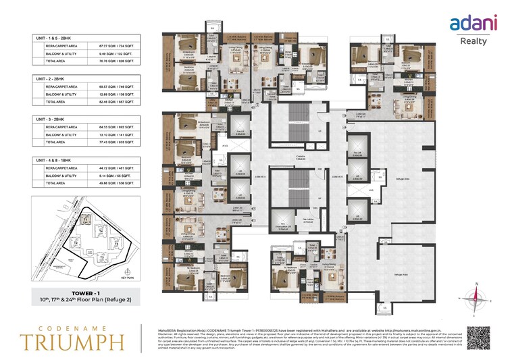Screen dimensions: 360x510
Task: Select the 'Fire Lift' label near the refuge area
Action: pos(356,153)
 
